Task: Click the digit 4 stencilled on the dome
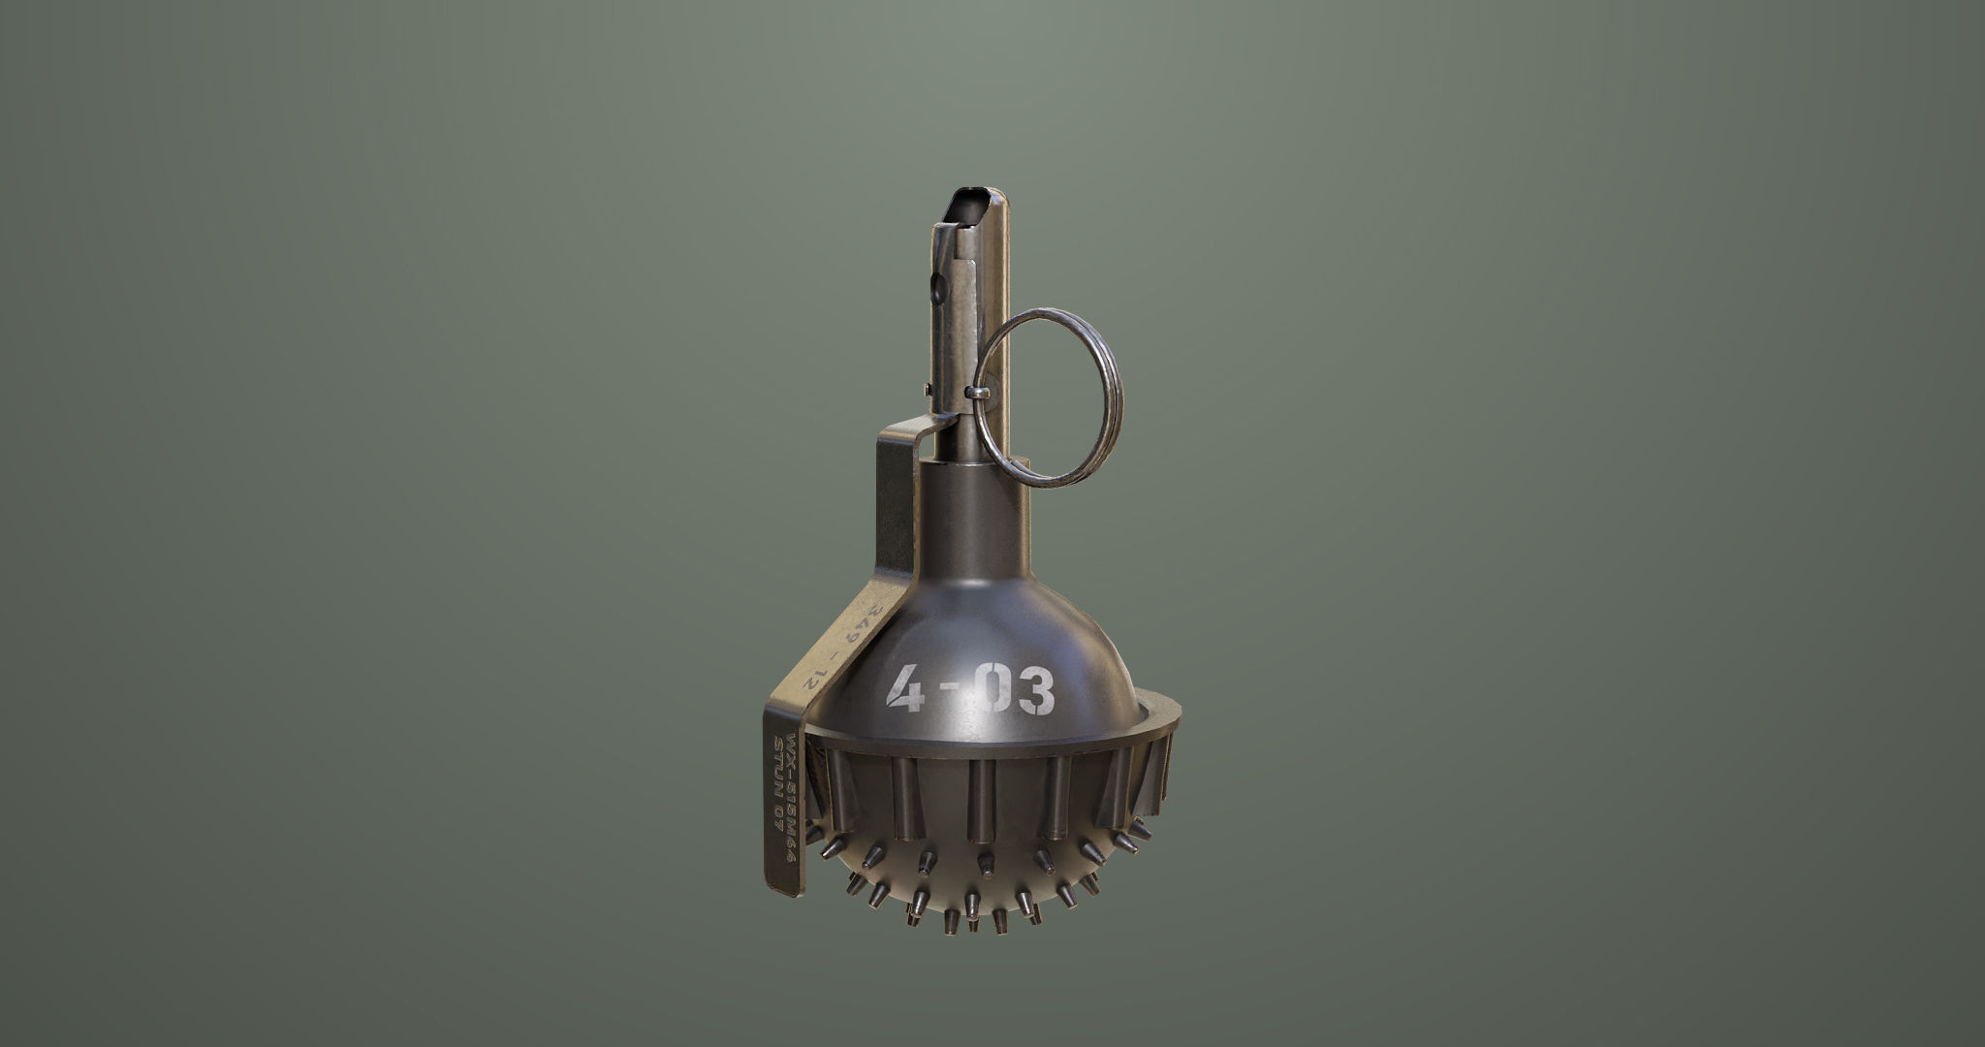click(906, 689)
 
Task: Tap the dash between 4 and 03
click(953, 692)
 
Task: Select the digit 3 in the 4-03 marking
click(1035, 692)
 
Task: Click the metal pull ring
click(1049, 397)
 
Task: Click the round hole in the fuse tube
click(937, 288)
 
